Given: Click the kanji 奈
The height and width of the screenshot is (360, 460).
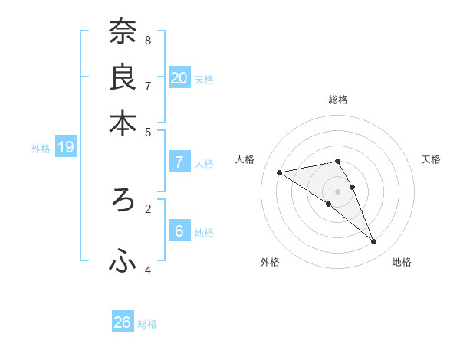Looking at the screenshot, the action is click(x=123, y=32).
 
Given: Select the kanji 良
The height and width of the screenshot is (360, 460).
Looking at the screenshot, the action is click(x=123, y=78).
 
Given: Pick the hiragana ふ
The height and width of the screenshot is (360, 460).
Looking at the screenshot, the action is click(x=123, y=262).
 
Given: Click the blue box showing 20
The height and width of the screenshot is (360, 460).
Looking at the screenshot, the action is click(x=179, y=77).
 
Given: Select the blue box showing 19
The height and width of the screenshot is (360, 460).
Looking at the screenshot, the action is click(x=66, y=147).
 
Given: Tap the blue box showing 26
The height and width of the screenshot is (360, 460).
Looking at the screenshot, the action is click(x=123, y=322).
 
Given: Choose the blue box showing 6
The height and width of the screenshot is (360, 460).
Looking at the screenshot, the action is click(x=179, y=231).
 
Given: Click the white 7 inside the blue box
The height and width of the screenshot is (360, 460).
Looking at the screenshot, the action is click(x=179, y=162).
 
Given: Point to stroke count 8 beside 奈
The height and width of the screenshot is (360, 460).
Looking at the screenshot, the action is click(x=148, y=39).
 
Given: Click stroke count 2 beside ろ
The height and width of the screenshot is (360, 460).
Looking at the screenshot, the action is click(x=148, y=208).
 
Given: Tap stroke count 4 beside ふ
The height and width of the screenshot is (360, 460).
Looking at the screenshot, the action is click(x=148, y=269).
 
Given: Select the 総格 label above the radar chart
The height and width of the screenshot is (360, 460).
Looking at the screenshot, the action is click(x=337, y=100).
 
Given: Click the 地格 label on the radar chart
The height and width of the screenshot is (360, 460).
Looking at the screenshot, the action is click(x=402, y=262).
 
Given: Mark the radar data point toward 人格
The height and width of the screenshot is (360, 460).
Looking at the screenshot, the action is click(x=280, y=172).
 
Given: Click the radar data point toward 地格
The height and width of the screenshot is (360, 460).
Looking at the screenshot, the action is click(x=373, y=242).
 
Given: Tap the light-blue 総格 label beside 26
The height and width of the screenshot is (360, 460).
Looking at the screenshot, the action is click(x=147, y=324).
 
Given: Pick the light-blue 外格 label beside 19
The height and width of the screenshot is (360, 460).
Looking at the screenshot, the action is click(x=40, y=149).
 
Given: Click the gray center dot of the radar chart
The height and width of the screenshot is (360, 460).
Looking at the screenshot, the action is click(x=337, y=190).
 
